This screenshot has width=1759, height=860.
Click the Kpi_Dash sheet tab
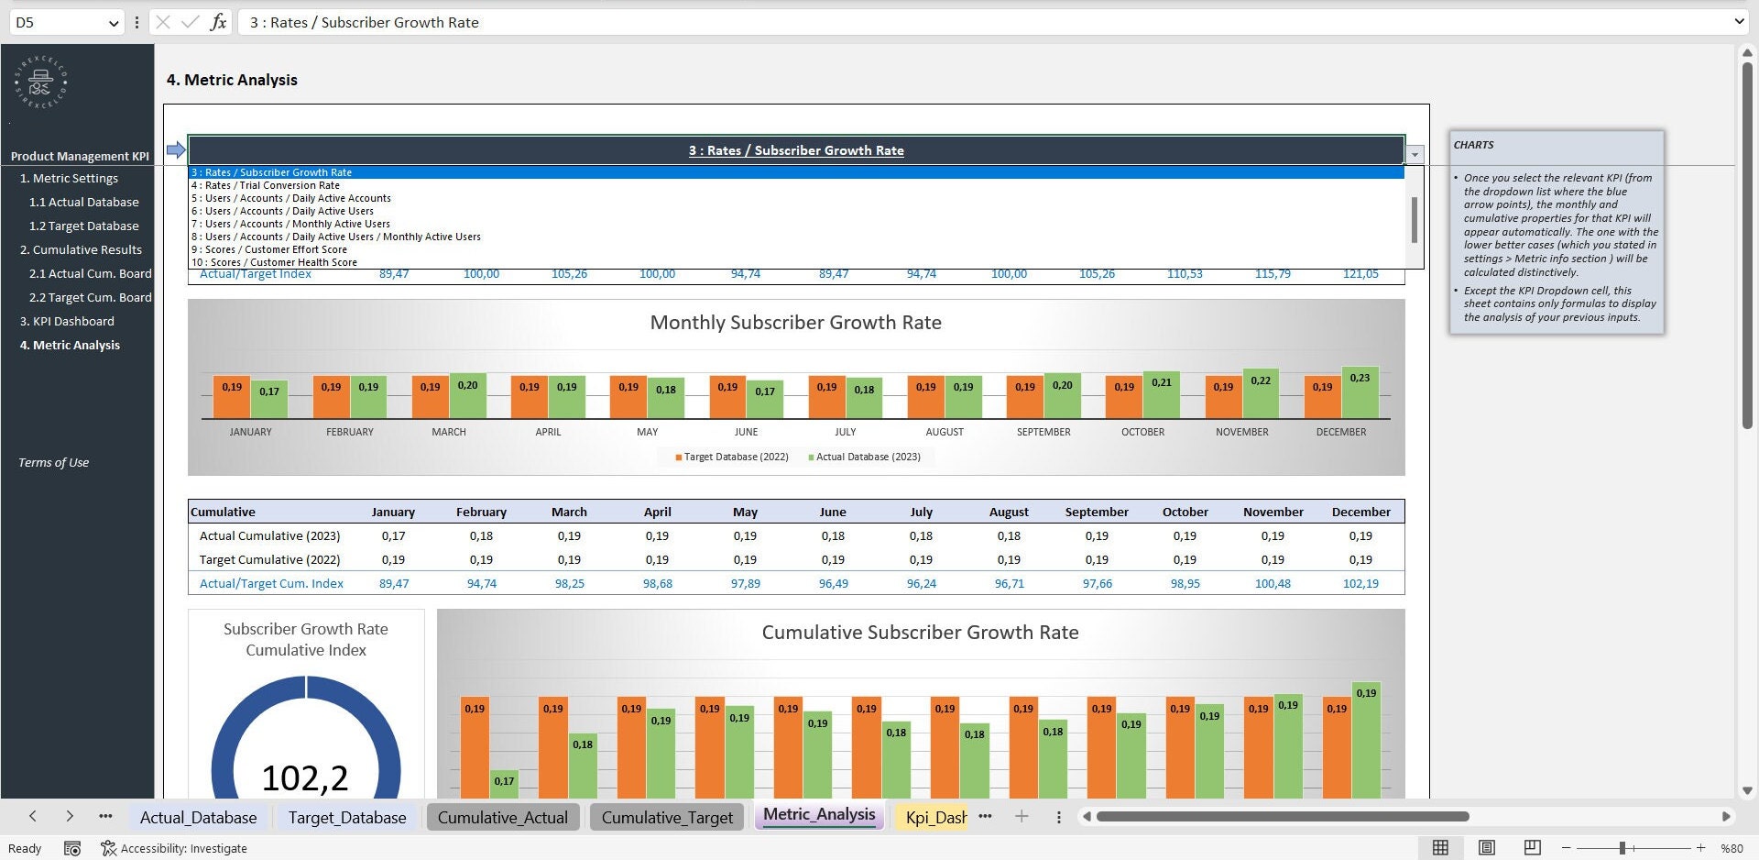(x=935, y=817)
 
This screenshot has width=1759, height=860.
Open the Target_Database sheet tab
(x=346, y=817)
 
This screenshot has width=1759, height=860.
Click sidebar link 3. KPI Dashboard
(x=67, y=321)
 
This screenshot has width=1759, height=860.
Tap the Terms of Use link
(x=53, y=462)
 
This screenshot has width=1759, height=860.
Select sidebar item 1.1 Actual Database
(x=84, y=202)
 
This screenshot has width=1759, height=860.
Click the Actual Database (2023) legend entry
(x=868, y=457)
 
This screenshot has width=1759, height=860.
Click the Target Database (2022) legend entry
(x=736, y=457)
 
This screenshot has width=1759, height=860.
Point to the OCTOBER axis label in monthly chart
(x=1142, y=432)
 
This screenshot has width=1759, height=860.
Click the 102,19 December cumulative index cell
(x=1360, y=583)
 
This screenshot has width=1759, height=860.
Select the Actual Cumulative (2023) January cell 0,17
(x=394, y=535)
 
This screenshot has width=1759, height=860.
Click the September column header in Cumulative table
(x=1096, y=512)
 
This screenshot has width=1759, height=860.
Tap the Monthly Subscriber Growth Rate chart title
(x=795, y=323)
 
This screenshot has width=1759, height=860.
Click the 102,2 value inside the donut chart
(x=305, y=777)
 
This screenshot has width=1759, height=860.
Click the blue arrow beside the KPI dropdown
(x=176, y=149)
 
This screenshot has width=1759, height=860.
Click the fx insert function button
(x=218, y=22)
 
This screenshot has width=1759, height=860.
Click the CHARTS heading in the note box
(x=1473, y=145)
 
